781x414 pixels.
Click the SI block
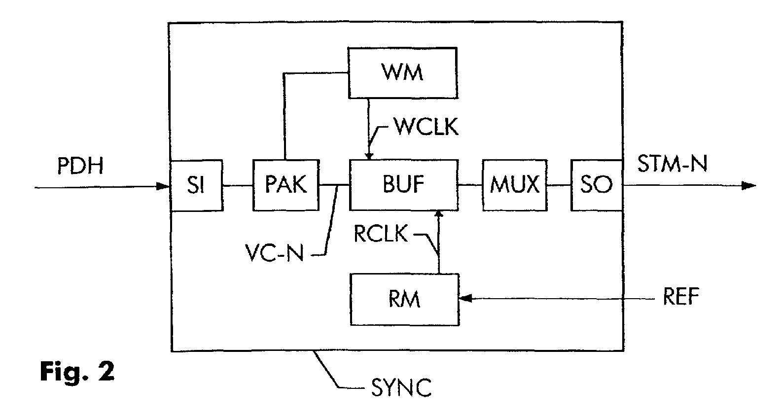(196, 185)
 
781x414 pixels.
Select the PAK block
(286, 185)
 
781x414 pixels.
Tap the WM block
(402, 72)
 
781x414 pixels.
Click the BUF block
(403, 185)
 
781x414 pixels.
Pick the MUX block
(514, 185)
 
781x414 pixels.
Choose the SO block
(596, 185)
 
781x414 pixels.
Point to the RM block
(404, 299)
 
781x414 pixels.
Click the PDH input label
(80, 166)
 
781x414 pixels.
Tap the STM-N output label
(673, 164)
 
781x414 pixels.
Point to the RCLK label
(381, 235)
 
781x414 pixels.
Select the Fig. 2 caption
(77, 372)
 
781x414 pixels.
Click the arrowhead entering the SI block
(163, 186)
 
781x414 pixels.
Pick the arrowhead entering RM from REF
(465, 298)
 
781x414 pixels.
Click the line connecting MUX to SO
(559, 185)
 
